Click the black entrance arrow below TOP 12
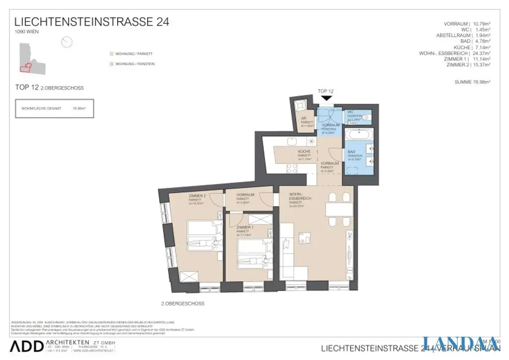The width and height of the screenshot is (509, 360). [x=327, y=99]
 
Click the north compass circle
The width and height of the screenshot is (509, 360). [x=67, y=42]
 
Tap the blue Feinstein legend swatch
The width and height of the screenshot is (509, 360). [x=111, y=64]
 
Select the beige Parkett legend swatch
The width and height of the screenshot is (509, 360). [x=111, y=53]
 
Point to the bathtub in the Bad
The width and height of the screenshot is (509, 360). [x=356, y=135]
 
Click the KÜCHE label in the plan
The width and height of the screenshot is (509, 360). [x=304, y=152]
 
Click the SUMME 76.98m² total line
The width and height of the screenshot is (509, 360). [x=472, y=82]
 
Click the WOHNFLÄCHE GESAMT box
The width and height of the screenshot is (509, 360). [x=54, y=108]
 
